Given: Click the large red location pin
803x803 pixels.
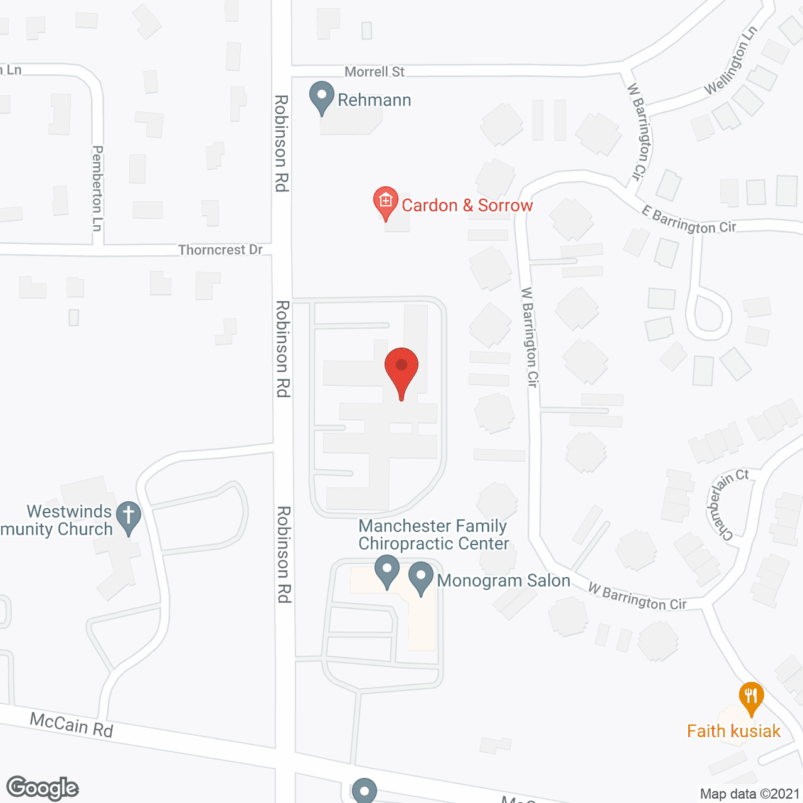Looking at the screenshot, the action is coord(401,370).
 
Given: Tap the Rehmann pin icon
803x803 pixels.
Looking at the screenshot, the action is coord(322,98).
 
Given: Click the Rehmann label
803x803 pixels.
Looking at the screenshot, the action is coord(375,100).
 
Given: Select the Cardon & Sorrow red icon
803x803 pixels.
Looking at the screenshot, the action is coord(386,202).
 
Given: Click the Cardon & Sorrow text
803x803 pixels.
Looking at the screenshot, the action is coord(467,206).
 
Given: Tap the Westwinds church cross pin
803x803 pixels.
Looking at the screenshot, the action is coord(129,517).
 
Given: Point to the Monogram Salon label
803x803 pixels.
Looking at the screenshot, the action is coord(504,581).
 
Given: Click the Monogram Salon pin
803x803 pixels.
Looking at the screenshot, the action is coord(421,577).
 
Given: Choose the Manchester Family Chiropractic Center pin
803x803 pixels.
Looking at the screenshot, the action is coord(387,571).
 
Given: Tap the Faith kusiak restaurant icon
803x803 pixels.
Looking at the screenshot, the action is coord(751,698).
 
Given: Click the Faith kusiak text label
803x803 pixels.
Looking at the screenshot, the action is coord(733,731).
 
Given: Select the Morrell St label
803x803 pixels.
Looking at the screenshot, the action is coord(375,72).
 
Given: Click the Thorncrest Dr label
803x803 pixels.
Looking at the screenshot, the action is coord(220,250).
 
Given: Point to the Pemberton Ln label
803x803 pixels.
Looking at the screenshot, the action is coord(97,188).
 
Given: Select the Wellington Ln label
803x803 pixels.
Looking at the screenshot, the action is coord(731,60).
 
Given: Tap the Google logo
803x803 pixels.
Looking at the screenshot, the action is coord(43,788).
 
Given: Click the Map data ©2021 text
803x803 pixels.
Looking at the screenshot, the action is coord(750,794).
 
